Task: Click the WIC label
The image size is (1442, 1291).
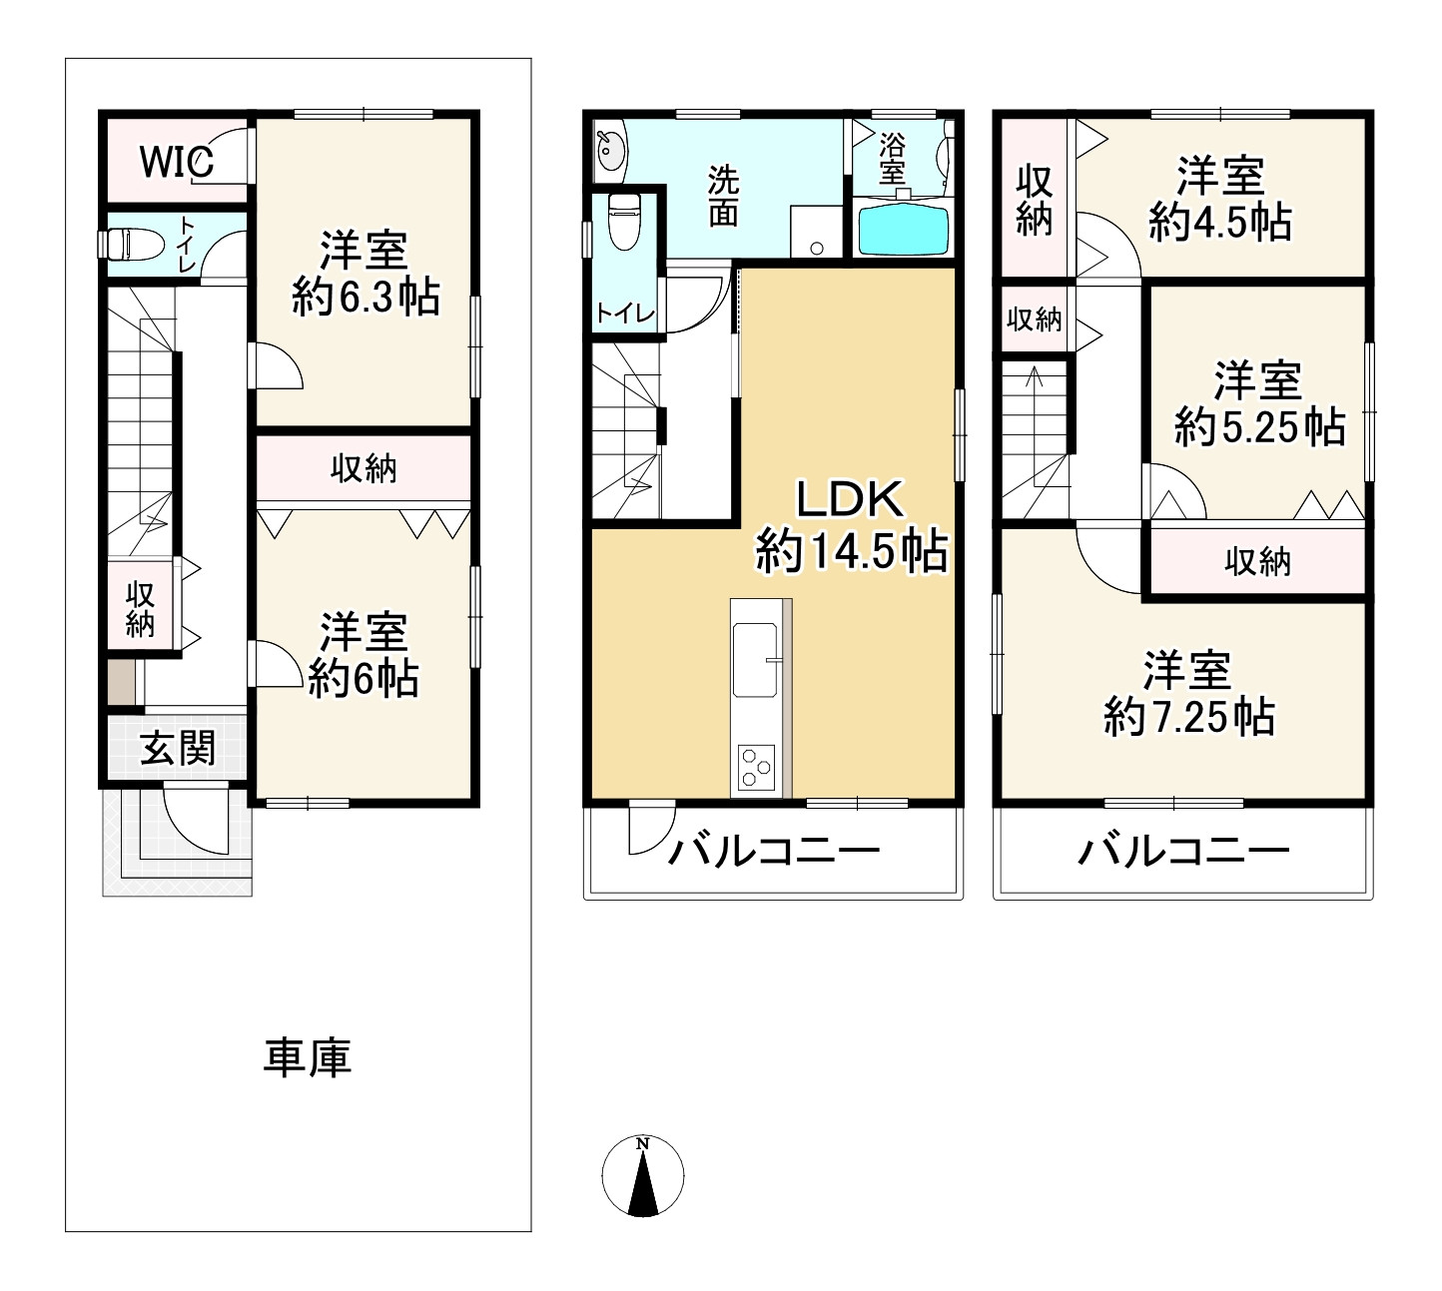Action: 176,162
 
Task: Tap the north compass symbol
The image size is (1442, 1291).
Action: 643,1175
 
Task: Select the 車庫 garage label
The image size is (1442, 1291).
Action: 307,1058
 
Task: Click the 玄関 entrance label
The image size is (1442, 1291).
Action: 177,747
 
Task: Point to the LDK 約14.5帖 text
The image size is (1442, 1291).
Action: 851,525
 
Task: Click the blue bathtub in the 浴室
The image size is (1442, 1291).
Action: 902,231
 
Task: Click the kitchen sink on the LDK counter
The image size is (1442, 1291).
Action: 755,659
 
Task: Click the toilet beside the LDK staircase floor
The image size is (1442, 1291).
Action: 623,222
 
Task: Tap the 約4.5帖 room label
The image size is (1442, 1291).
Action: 1219,200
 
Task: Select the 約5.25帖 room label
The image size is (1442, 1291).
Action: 1258,404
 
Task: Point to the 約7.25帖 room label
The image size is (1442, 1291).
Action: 1187,694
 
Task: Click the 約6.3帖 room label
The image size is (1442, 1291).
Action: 365,274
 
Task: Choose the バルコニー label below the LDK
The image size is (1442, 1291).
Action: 774,852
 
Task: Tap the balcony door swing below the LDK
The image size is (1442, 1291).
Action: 645,829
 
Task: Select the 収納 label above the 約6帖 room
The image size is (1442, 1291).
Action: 363,468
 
